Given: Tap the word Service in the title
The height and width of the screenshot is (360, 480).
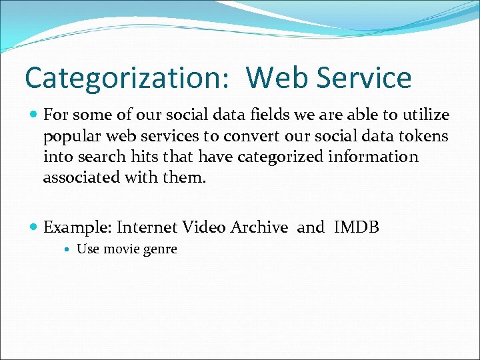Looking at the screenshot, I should pyautogui.click(x=365, y=78).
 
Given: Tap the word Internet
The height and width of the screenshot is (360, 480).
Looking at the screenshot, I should pyautogui.click(x=147, y=227).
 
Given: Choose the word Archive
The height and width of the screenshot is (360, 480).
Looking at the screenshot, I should pyautogui.click(x=259, y=227).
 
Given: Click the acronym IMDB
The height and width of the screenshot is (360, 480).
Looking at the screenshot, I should pyautogui.click(x=356, y=227).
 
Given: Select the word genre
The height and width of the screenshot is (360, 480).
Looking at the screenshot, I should pyautogui.click(x=159, y=250).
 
